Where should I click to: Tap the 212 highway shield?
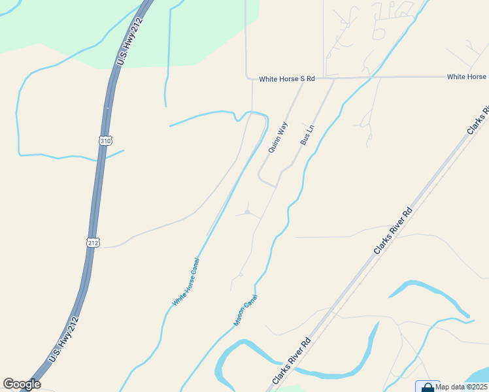tap(93, 242)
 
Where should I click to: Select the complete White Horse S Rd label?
tap(287, 78)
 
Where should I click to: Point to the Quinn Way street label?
tap(278, 137)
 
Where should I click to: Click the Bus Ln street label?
tap(307, 135)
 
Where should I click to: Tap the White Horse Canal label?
tap(186, 282)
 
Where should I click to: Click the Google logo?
tap(22, 384)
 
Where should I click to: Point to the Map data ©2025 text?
tap(462, 387)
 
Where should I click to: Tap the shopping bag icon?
tap(428, 387)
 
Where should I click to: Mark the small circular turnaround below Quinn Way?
tap(247, 212)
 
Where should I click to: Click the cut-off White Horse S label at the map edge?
tap(467, 77)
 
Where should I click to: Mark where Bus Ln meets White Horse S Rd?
tap(333, 78)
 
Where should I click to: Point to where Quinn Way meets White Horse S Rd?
tap(303, 79)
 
